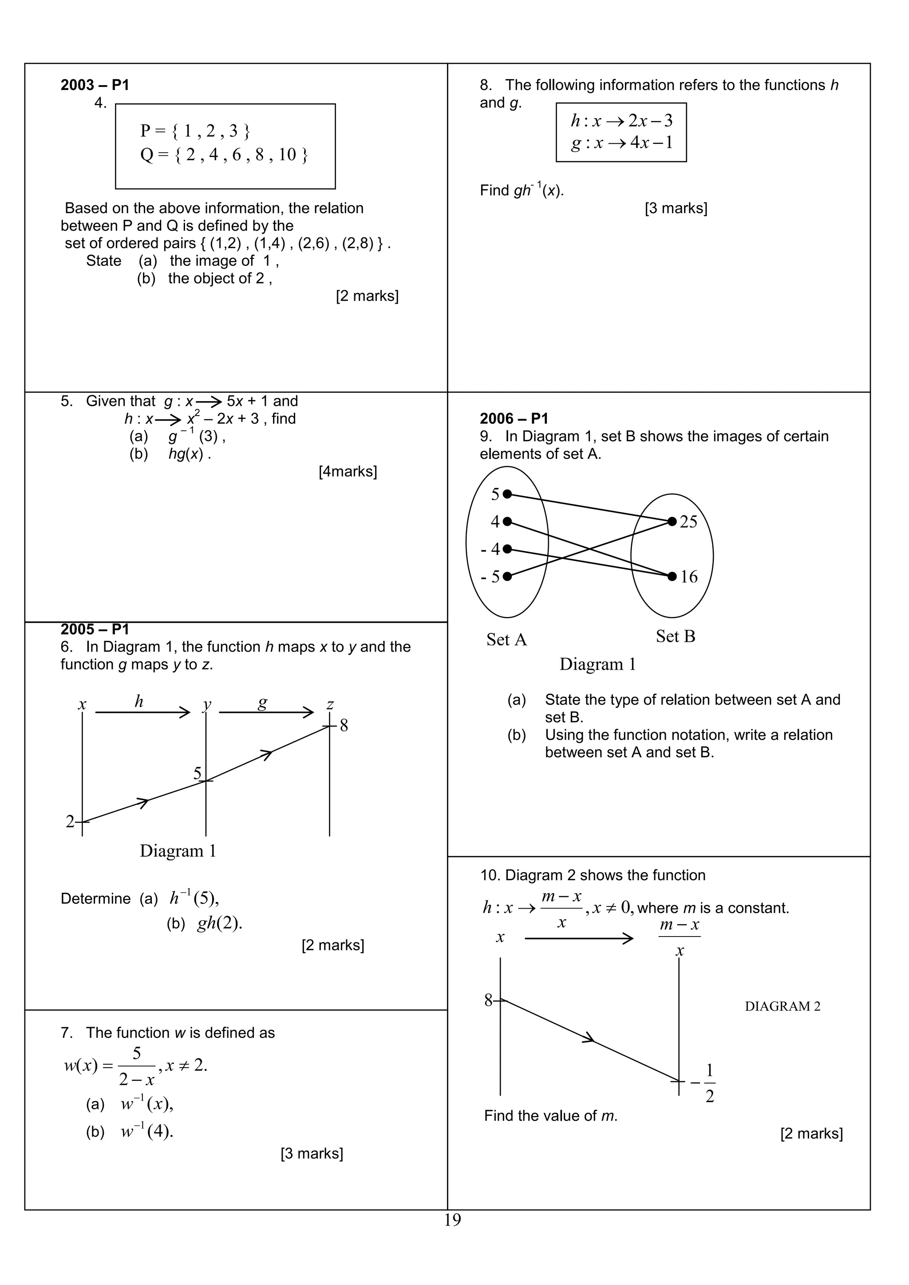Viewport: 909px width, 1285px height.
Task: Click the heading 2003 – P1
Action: (x=95, y=85)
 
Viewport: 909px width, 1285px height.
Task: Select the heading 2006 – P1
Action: (x=514, y=419)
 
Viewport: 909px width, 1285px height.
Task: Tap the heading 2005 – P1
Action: (x=95, y=629)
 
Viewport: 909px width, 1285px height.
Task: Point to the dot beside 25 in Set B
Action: (x=672, y=522)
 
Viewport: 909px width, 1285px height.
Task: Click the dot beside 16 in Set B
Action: (x=672, y=576)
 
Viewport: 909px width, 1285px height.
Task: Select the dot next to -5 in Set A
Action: (x=507, y=576)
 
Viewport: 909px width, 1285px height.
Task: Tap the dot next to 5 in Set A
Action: (x=507, y=494)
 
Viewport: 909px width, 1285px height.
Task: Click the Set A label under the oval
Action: (x=506, y=640)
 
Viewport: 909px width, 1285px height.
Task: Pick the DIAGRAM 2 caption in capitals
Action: (x=783, y=1006)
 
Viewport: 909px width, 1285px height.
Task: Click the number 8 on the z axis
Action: (x=344, y=726)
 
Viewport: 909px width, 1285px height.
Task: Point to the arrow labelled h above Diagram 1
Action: (x=143, y=712)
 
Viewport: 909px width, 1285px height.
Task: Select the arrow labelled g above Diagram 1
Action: (x=266, y=712)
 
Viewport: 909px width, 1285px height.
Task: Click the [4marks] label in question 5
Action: (x=348, y=472)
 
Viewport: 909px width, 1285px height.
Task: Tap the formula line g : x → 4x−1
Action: (x=621, y=143)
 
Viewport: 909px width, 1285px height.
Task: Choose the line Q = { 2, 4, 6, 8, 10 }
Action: (x=224, y=155)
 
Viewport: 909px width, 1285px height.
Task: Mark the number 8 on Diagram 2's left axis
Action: (x=488, y=1000)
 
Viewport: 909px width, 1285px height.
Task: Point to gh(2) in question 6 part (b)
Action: (x=219, y=923)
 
